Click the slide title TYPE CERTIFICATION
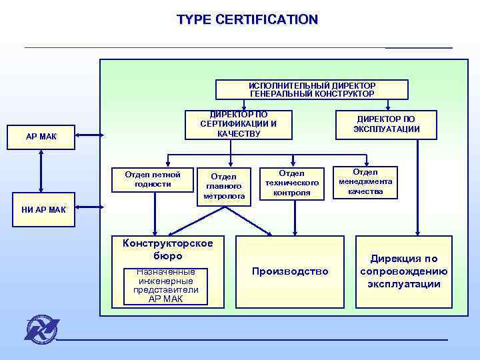point(247,20)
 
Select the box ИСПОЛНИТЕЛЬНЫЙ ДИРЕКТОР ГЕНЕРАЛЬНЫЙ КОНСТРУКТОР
point(311,90)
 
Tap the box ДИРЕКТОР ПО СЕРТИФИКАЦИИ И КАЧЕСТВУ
point(238,125)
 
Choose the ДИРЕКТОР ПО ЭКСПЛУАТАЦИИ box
point(387,125)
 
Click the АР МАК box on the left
point(41,137)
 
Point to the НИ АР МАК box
point(41,210)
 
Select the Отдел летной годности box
point(152,179)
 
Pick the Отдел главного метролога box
point(224,187)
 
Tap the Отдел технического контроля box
point(292,183)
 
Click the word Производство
point(290,271)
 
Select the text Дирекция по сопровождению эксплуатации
point(404,271)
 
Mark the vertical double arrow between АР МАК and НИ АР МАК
point(41,174)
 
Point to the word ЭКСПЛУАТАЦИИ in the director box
point(387,129)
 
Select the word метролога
point(224,197)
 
